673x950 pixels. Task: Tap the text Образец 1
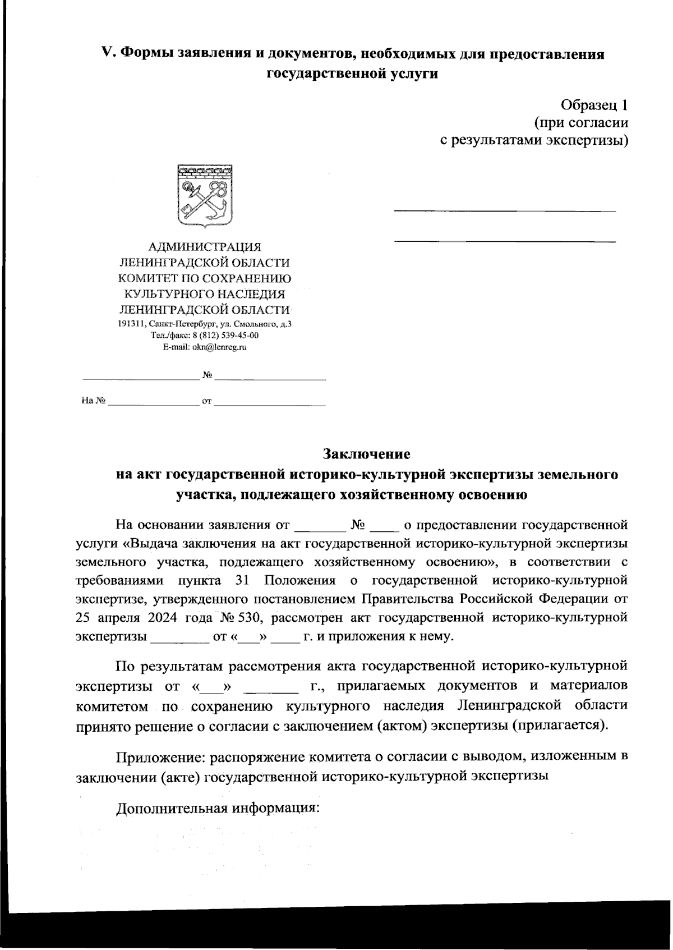pos(594,104)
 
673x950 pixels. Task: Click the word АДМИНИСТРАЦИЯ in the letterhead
pos(205,246)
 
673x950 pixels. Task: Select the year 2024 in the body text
pos(163,618)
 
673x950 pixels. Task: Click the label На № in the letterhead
pos(93,401)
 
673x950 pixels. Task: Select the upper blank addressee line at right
pos(505,211)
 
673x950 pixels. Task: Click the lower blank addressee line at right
pos(505,241)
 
